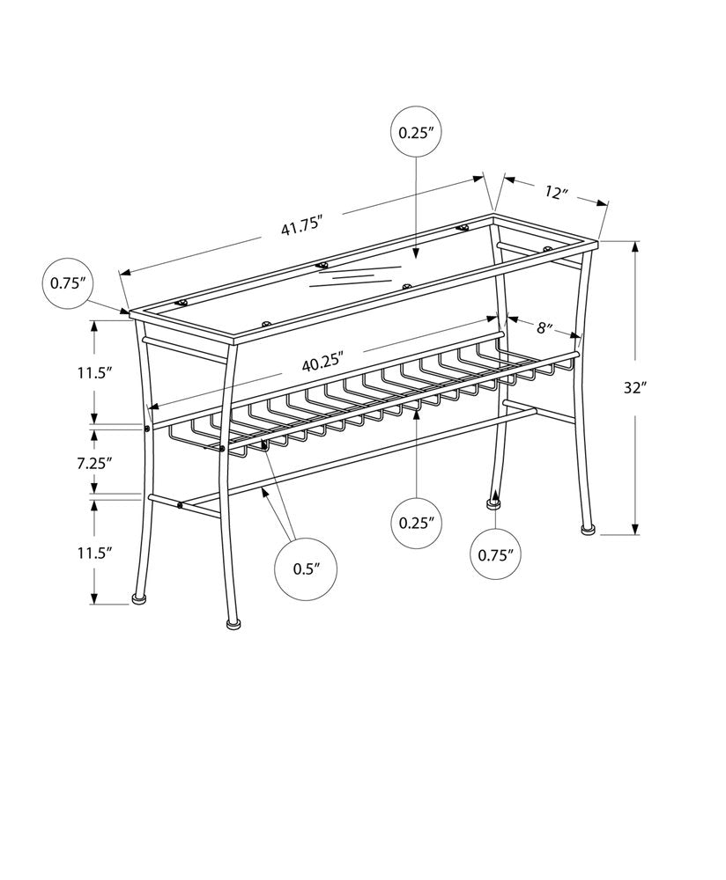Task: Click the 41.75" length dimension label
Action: point(299,227)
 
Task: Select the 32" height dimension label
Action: point(634,388)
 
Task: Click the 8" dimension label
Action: point(544,329)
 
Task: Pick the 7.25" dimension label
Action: point(94,461)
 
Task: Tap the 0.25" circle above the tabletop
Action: point(418,134)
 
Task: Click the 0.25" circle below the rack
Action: point(418,522)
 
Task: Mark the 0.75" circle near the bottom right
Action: point(495,554)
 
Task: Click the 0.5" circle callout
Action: point(304,568)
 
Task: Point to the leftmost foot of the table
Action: point(138,598)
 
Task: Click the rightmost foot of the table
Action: point(587,530)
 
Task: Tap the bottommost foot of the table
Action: point(233,624)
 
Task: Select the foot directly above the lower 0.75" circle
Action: point(493,503)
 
